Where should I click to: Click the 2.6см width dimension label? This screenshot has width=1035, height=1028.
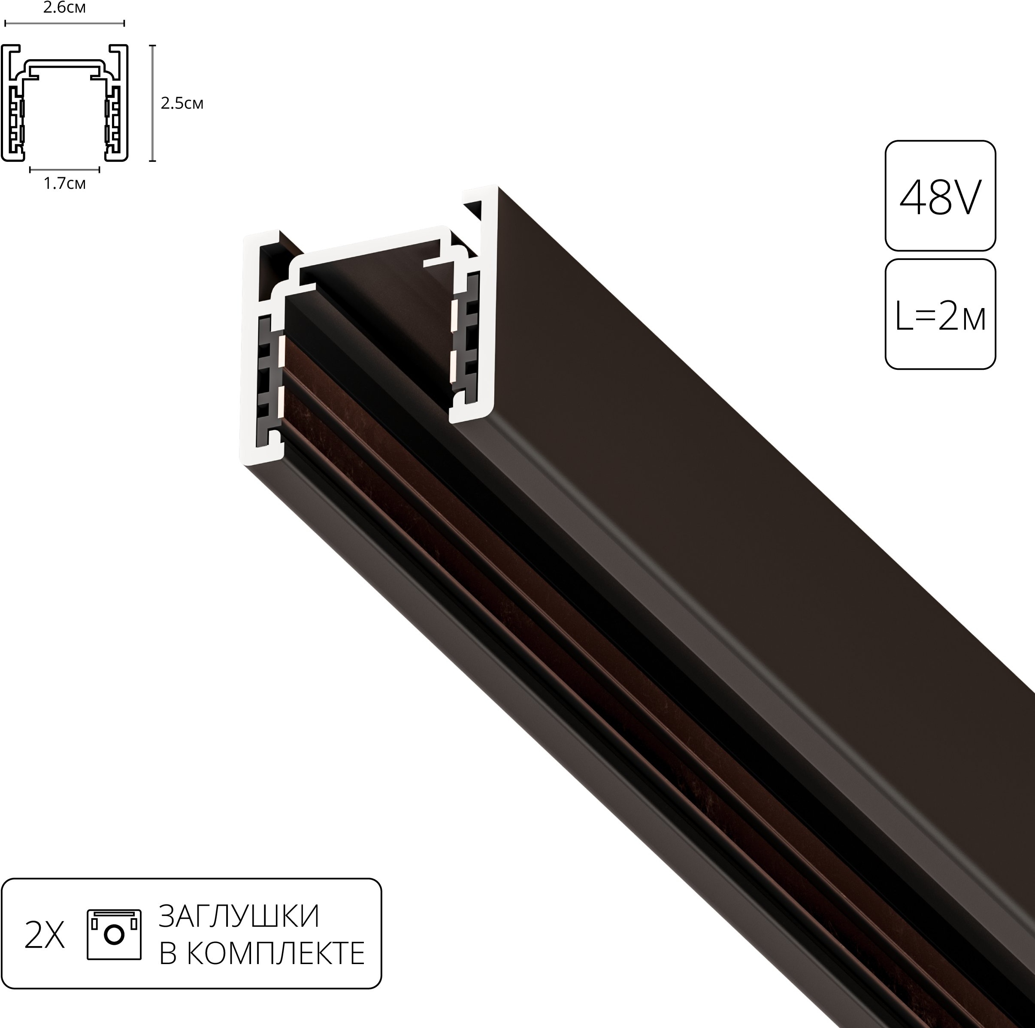click(64, 8)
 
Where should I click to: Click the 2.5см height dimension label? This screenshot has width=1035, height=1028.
click(182, 103)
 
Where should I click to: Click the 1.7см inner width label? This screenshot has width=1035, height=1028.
click(64, 184)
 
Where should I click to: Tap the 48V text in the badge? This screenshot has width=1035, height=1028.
click(940, 198)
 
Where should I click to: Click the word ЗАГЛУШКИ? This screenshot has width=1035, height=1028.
click(239, 916)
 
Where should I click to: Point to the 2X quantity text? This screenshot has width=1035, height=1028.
click(45, 936)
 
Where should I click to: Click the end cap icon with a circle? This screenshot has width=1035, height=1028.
click(114, 934)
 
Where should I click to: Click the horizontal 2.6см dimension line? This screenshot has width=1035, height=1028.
click(64, 24)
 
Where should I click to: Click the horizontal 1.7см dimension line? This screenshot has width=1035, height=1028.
click(64, 170)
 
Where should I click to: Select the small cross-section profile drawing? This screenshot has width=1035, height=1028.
click(64, 102)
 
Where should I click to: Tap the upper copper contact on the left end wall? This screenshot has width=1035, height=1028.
click(281, 349)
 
